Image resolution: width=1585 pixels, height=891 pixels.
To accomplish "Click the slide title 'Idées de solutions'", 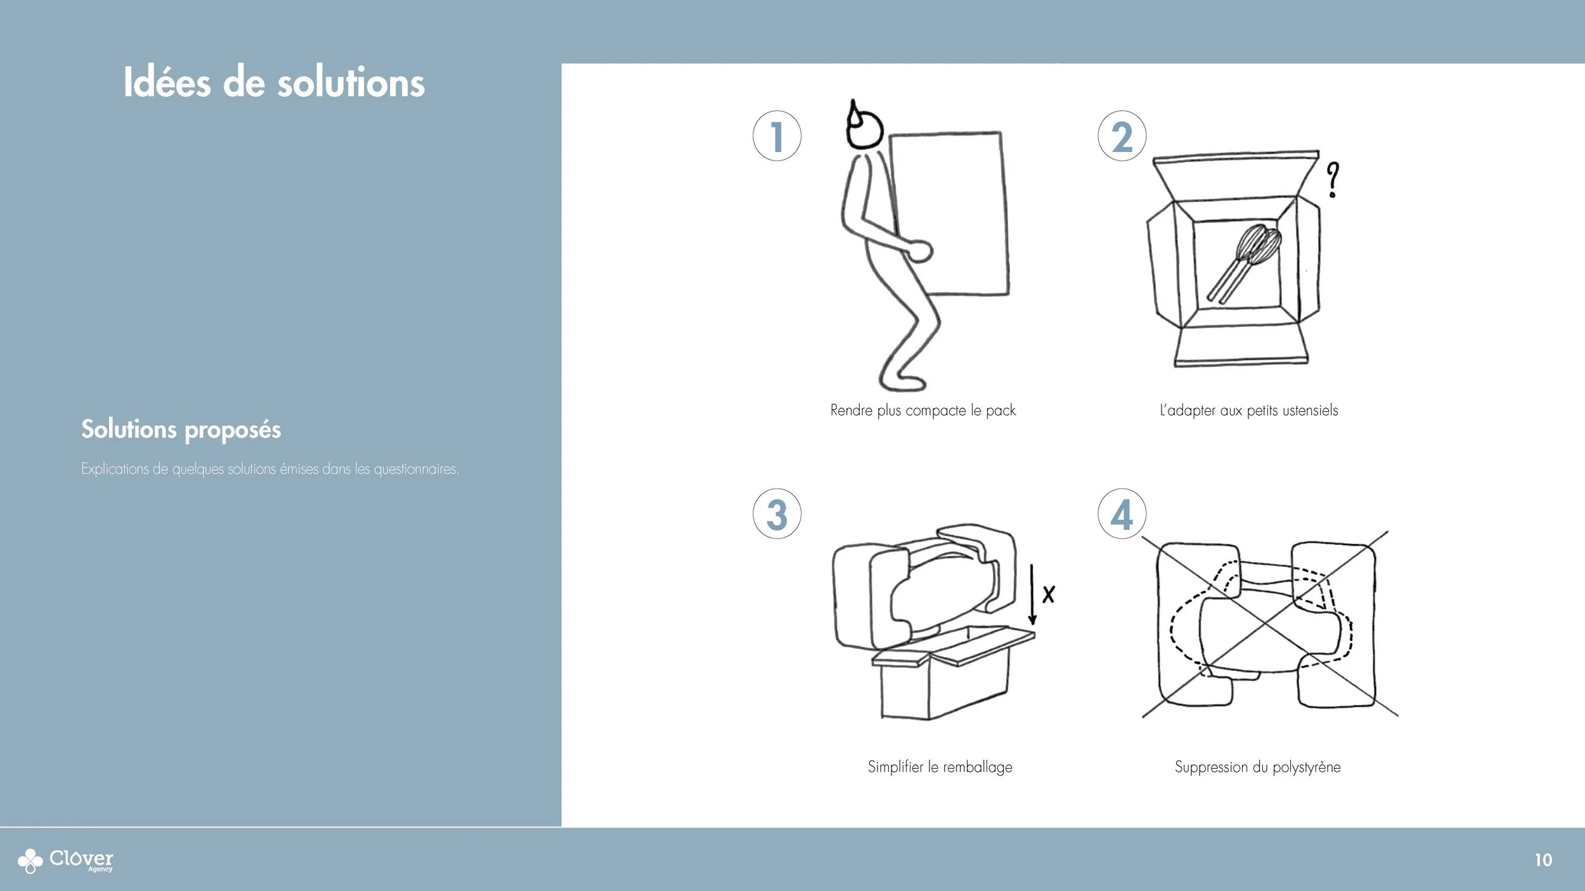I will click(x=274, y=82).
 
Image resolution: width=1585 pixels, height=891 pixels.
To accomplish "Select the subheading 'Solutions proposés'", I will click(x=181, y=430).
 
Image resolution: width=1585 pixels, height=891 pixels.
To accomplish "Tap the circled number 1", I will click(x=777, y=136).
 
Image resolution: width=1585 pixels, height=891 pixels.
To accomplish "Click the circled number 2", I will click(x=1122, y=136).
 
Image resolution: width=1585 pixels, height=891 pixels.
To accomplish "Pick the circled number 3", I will click(x=777, y=514).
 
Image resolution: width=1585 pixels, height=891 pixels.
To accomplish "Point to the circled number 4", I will click(x=1122, y=514).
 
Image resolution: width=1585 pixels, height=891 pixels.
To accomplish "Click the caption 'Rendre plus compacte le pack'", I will click(x=922, y=411).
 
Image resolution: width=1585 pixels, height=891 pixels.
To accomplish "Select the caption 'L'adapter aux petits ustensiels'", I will click(x=1248, y=411).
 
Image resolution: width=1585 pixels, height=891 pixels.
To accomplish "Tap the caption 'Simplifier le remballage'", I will click(x=940, y=767).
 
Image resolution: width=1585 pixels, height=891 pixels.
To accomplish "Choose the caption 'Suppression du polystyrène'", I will click(x=1257, y=767).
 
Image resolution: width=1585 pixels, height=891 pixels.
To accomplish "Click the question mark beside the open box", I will click(x=1333, y=179).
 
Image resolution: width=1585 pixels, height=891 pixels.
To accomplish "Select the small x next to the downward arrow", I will click(x=1049, y=594).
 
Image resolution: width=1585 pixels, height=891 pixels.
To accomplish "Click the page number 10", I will click(x=1543, y=860).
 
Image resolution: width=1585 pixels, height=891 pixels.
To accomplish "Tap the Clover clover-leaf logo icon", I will click(x=30, y=861).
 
